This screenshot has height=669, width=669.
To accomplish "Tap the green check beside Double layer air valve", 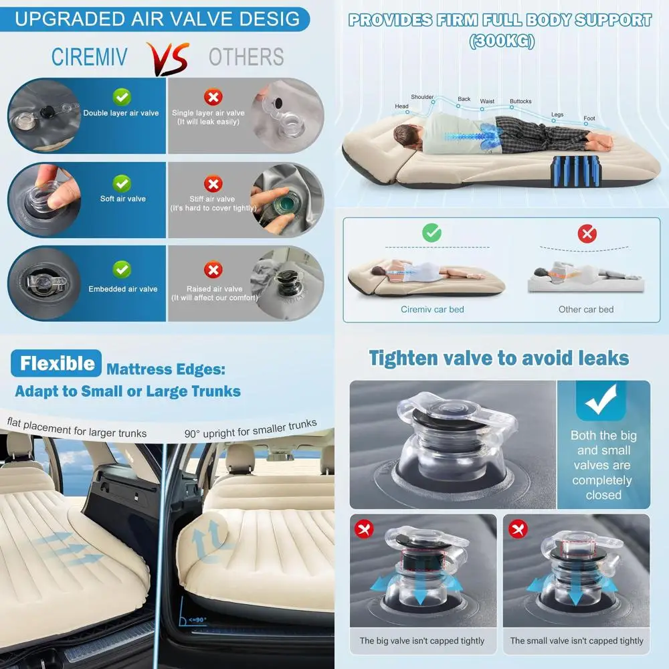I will (x=122, y=97).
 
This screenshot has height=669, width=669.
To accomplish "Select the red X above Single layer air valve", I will (x=213, y=98).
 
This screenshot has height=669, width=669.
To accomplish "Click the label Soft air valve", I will (x=122, y=199).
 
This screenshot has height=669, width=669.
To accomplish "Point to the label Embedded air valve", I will (x=123, y=289).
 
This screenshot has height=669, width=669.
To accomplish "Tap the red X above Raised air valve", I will (x=213, y=270).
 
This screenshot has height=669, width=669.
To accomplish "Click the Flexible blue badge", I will (x=56, y=364).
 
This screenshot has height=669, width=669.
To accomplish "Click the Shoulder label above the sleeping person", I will (x=422, y=97).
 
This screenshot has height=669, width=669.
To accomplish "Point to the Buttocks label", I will (x=520, y=102).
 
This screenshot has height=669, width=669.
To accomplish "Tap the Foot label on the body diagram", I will (x=589, y=118).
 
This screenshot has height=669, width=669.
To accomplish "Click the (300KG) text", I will (x=500, y=41).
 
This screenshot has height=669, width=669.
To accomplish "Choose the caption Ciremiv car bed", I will (x=432, y=309).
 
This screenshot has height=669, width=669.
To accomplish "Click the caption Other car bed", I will (x=586, y=309).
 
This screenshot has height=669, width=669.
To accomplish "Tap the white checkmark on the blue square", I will (x=601, y=402).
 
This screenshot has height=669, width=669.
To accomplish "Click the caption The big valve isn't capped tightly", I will (x=422, y=640).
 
